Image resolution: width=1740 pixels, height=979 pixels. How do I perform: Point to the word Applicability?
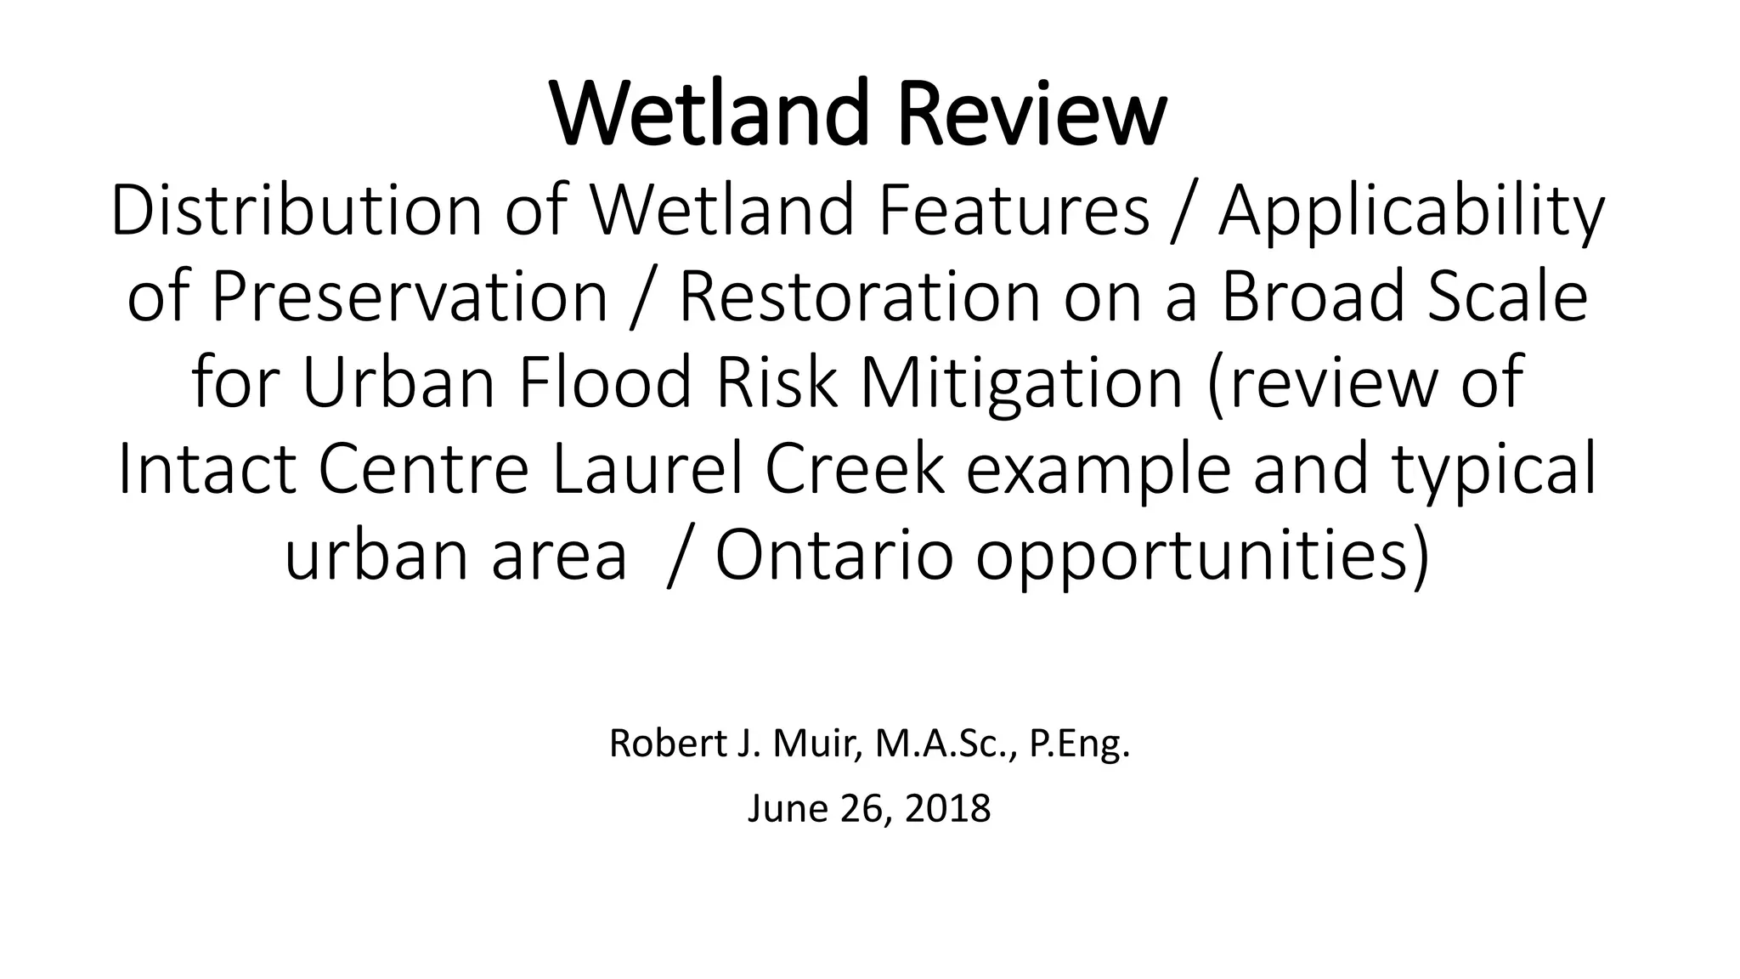tap(1411, 212)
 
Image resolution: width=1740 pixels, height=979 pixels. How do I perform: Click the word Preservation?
tap(410, 297)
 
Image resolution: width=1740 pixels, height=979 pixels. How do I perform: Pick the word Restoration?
tap(859, 297)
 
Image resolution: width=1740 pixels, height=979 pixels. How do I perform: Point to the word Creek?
tap(855, 469)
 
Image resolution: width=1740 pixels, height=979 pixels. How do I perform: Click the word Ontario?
tap(833, 555)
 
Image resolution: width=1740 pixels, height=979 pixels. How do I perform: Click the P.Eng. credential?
tap(1080, 745)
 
